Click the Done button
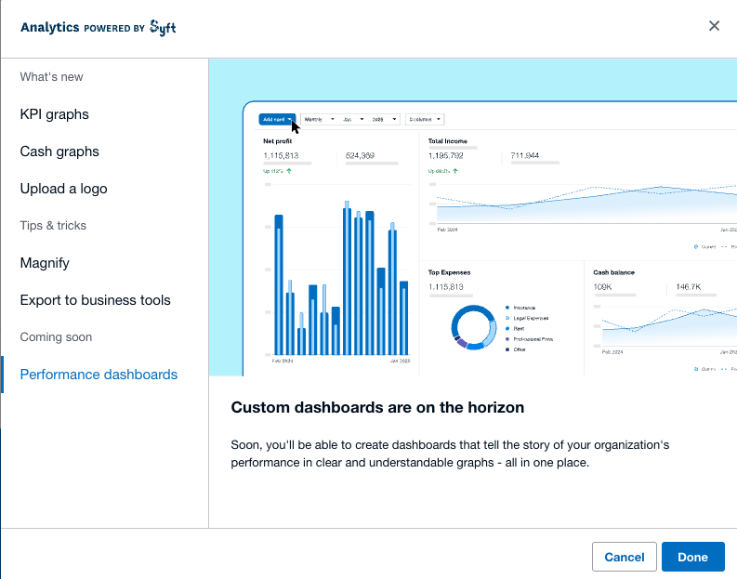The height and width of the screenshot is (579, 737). click(x=692, y=557)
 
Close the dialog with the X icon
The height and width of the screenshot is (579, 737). click(x=714, y=26)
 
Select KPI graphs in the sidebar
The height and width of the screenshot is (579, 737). click(x=55, y=114)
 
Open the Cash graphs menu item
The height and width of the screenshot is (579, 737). click(x=59, y=151)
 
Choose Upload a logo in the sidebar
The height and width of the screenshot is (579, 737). click(x=63, y=189)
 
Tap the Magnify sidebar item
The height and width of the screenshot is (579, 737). click(x=45, y=263)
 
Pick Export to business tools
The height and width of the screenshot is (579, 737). click(x=95, y=300)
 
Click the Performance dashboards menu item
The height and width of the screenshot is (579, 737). click(x=99, y=375)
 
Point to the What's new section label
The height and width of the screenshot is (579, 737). click(x=51, y=77)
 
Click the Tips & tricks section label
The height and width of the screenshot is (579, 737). click(x=53, y=226)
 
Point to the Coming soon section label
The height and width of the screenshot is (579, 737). click(x=56, y=337)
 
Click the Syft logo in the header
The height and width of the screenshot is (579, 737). click(x=163, y=27)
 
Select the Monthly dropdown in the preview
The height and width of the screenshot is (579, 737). click(x=318, y=119)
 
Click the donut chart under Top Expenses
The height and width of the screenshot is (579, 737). click(x=475, y=327)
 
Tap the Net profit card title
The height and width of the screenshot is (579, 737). click(x=278, y=141)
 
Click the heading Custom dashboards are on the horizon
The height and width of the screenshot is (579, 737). click(x=377, y=407)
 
